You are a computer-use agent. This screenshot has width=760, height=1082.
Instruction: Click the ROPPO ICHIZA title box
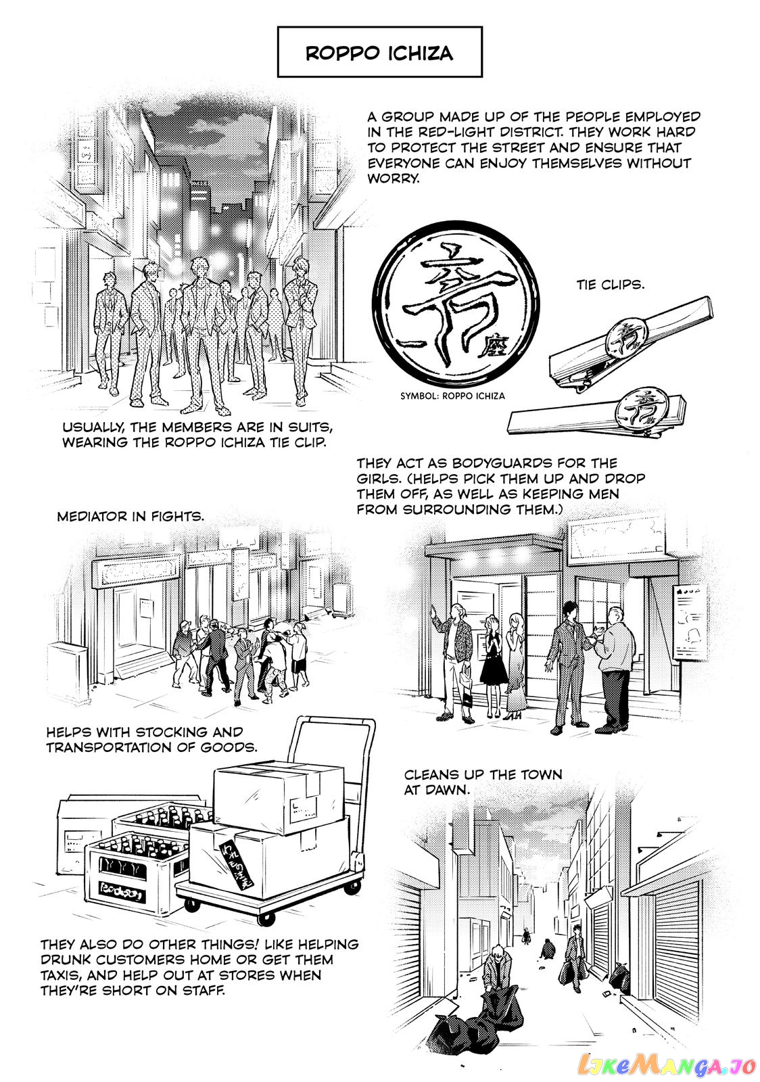pos(379,51)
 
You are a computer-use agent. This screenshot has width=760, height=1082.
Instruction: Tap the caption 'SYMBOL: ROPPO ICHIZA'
pos(452,396)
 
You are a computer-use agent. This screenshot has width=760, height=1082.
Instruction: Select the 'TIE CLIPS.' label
pos(611,285)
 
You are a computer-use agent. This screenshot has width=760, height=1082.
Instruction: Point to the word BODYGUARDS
pos(502,463)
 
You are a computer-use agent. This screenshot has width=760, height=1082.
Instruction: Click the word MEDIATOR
pos(92,517)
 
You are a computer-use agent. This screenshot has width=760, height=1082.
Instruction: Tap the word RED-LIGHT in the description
pos(462,132)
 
